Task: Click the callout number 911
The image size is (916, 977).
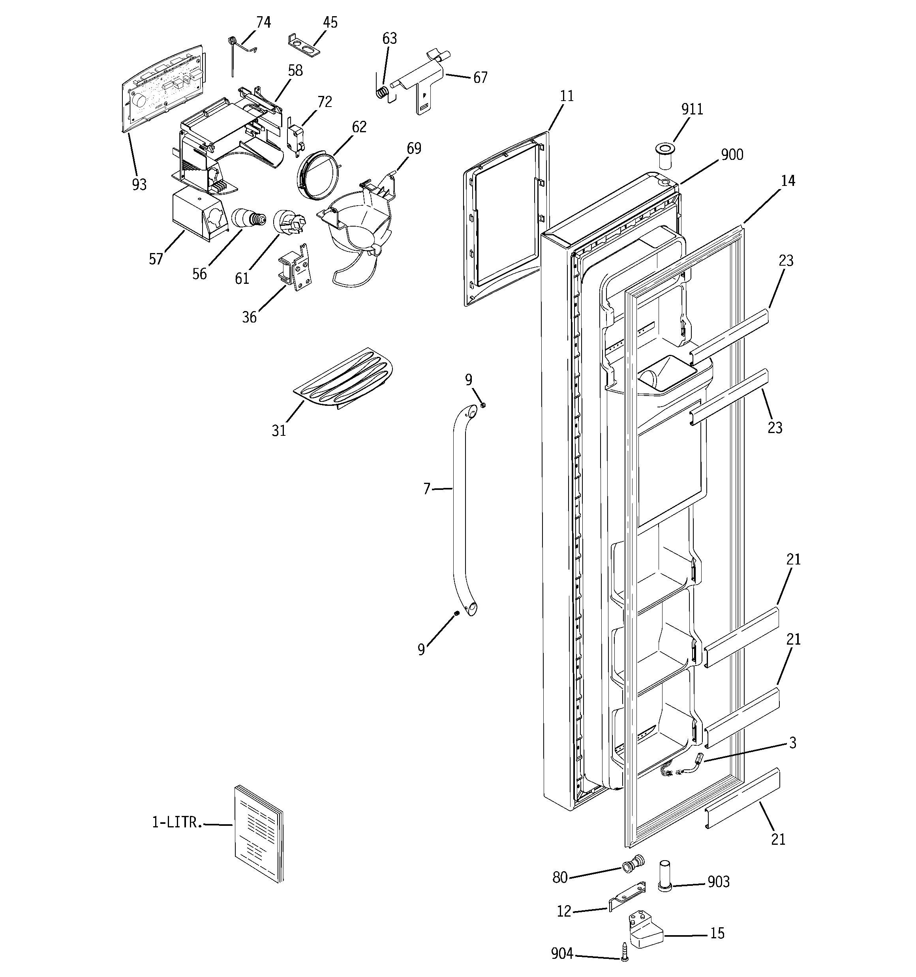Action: pyautogui.click(x=692, y=109)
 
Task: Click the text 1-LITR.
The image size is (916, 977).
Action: pyautogui.click(x=177, y=822)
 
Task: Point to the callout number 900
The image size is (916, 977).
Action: pyautogui.click(x=732, y=154)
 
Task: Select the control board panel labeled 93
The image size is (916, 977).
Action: pyautogui.click(x=162, y=88)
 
